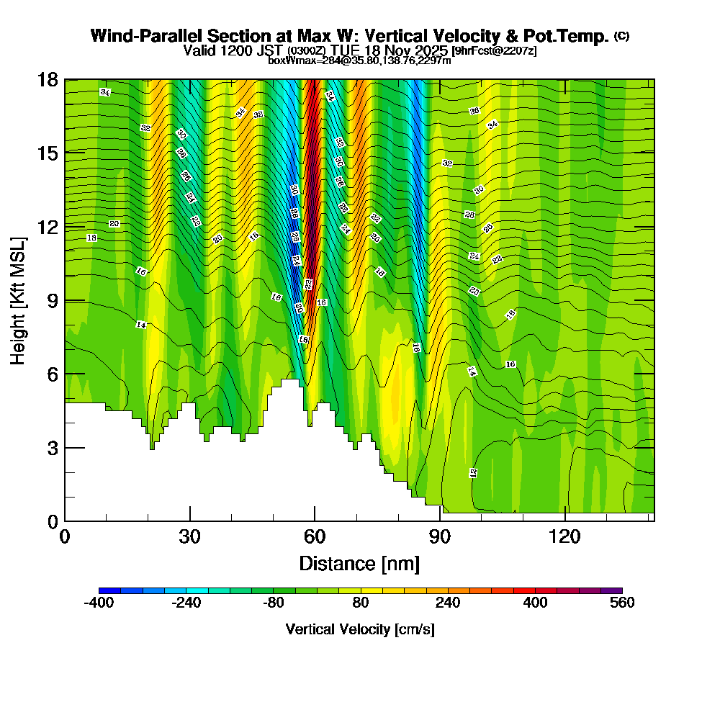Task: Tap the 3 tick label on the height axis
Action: (x=53, y=448)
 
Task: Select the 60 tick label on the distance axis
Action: (x=315, y=537)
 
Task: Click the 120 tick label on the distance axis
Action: (x=565, y=537)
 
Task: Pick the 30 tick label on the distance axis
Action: (x=190, y=537)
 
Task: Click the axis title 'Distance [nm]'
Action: (x=359, y=563)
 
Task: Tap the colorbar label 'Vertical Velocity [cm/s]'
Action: (x=360, y=629)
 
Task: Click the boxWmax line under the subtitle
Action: (x=359, y=60)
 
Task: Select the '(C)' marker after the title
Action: (x=622, y=36)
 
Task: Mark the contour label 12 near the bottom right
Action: (x=473, y=473)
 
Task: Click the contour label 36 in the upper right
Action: (x=474, y=111)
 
